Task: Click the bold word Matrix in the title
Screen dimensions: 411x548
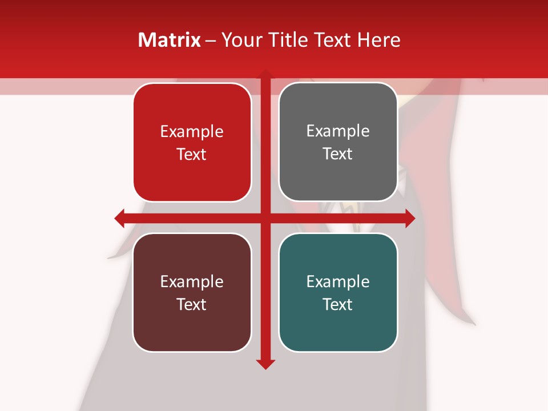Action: (x=170, y=40)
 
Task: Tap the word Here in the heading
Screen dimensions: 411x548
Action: (x=378, y=40)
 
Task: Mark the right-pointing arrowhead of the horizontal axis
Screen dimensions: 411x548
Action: (x=409, y=218)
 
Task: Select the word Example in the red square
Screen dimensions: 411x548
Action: (x=192, y=132)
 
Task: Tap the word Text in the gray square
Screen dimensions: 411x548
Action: (x=338, y=154)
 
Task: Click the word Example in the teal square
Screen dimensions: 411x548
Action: (x=338, y=281)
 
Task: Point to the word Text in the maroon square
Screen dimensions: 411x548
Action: (x=192, y=304)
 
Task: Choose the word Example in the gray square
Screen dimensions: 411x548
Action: (x=338, y=131)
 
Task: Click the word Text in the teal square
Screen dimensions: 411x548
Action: (x=338, y=304)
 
